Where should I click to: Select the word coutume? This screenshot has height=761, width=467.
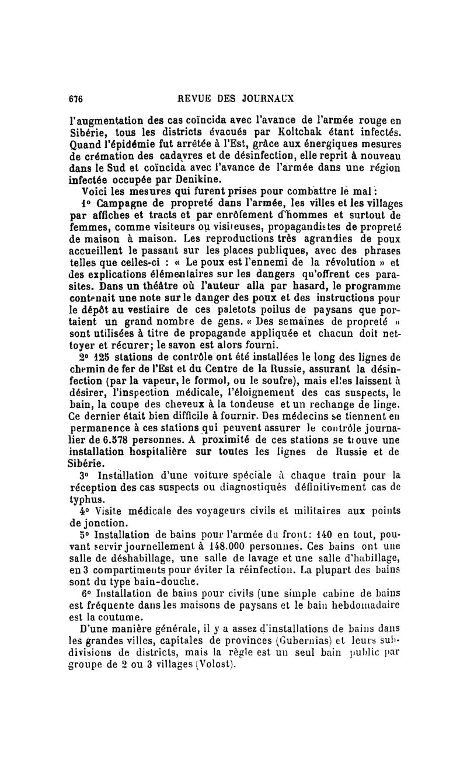116,620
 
